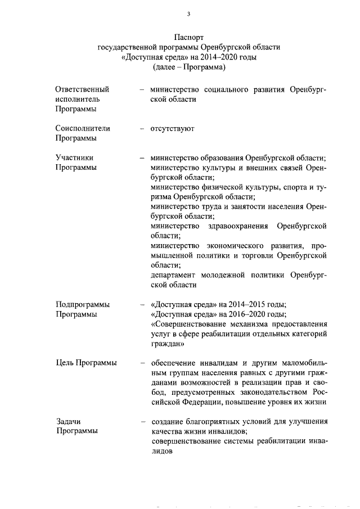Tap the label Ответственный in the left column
[x=82, y=89]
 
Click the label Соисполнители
[x=83, y=128]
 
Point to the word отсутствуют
[x=172, y=128]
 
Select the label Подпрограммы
[x=83, y=304]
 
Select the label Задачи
[x=69, y=421]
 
